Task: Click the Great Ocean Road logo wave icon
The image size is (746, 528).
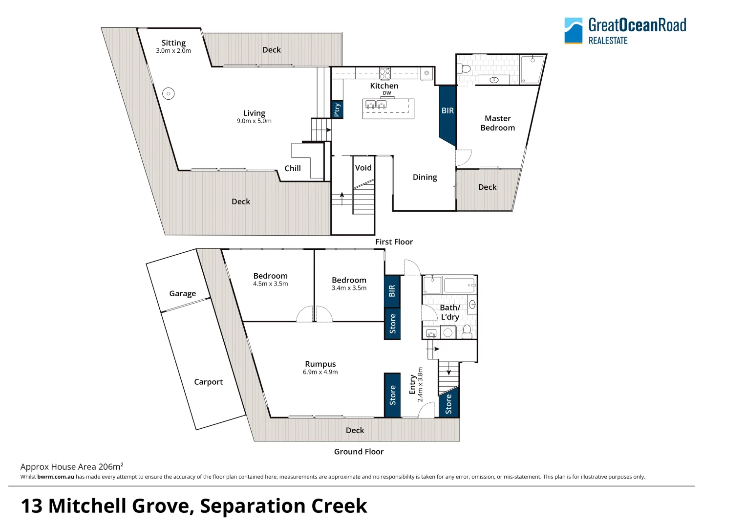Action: pyautogui.click(x=573, y=30)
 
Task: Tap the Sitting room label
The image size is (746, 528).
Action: pyautogui.click(x=173, y=43)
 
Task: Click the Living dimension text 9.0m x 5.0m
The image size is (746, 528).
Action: pyautogui.click(x=254, y=121)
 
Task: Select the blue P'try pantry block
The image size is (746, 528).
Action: pyautogui.click(x=337, y=110)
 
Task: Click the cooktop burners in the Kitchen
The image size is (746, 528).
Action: pyautogui.click(x=385, y=73)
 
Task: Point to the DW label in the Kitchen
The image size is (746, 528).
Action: pyautogui.click(x=387, y=93)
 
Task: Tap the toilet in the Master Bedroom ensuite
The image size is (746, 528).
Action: pyautogui.click(x=465, y=68)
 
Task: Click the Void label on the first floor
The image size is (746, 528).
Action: pyautogui.click(x=363, y=168)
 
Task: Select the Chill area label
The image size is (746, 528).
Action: pyautogui.click(x=293, y=168)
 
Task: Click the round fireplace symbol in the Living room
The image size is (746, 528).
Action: pyautogui.click(x=168, y=93)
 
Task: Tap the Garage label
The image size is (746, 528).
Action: pyautogui.click(x=182, y=293)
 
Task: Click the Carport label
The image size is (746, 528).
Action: pyautogui.click(x=208, y=382)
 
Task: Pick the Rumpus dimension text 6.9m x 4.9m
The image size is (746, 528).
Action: pyautogui.click(x=320, y=372)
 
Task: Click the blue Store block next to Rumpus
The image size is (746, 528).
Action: pyautogui.click(x=392, y=395)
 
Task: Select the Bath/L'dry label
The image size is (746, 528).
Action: pyautogui.click(x=449, y=312)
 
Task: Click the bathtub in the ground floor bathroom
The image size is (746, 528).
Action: pyautogui.click(x=458, y=285)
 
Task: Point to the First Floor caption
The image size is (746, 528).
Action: pyautogui.click(x=394, y=242)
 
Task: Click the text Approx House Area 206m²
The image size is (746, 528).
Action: pyautogui.click(x=72, y=467)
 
